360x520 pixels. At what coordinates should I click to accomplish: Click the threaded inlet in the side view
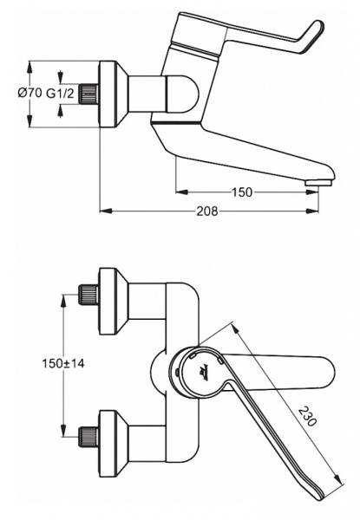click(x=87, y=94)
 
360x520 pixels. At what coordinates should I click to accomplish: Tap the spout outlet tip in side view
click(x=319, y=178)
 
